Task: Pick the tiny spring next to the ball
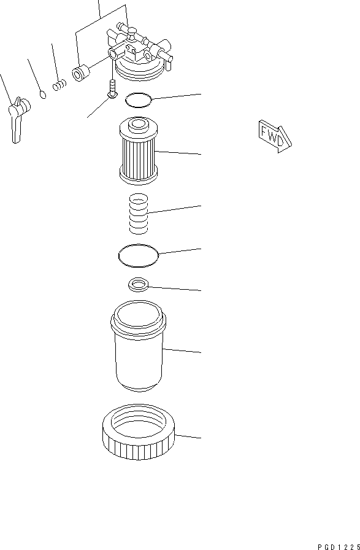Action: (59, 85)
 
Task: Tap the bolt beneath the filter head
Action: (112, 88)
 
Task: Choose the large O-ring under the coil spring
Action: (138, 255)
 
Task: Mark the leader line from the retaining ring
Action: (189, 436)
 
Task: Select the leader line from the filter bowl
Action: (183, 351)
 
